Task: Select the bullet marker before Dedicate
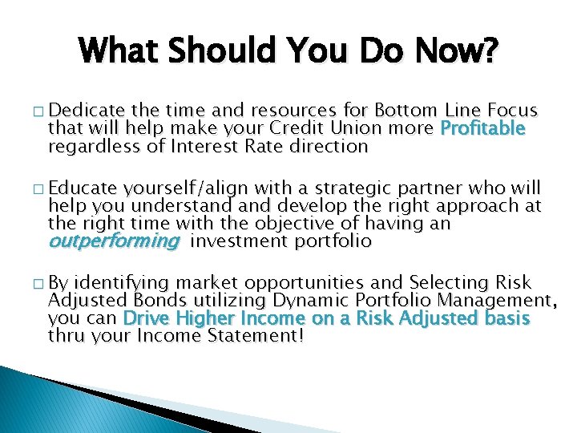click(x=40, y=111)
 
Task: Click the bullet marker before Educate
click(x=40, y=188)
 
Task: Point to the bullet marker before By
click(x=40, y=283)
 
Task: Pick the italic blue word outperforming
click(x=114, y=241)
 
